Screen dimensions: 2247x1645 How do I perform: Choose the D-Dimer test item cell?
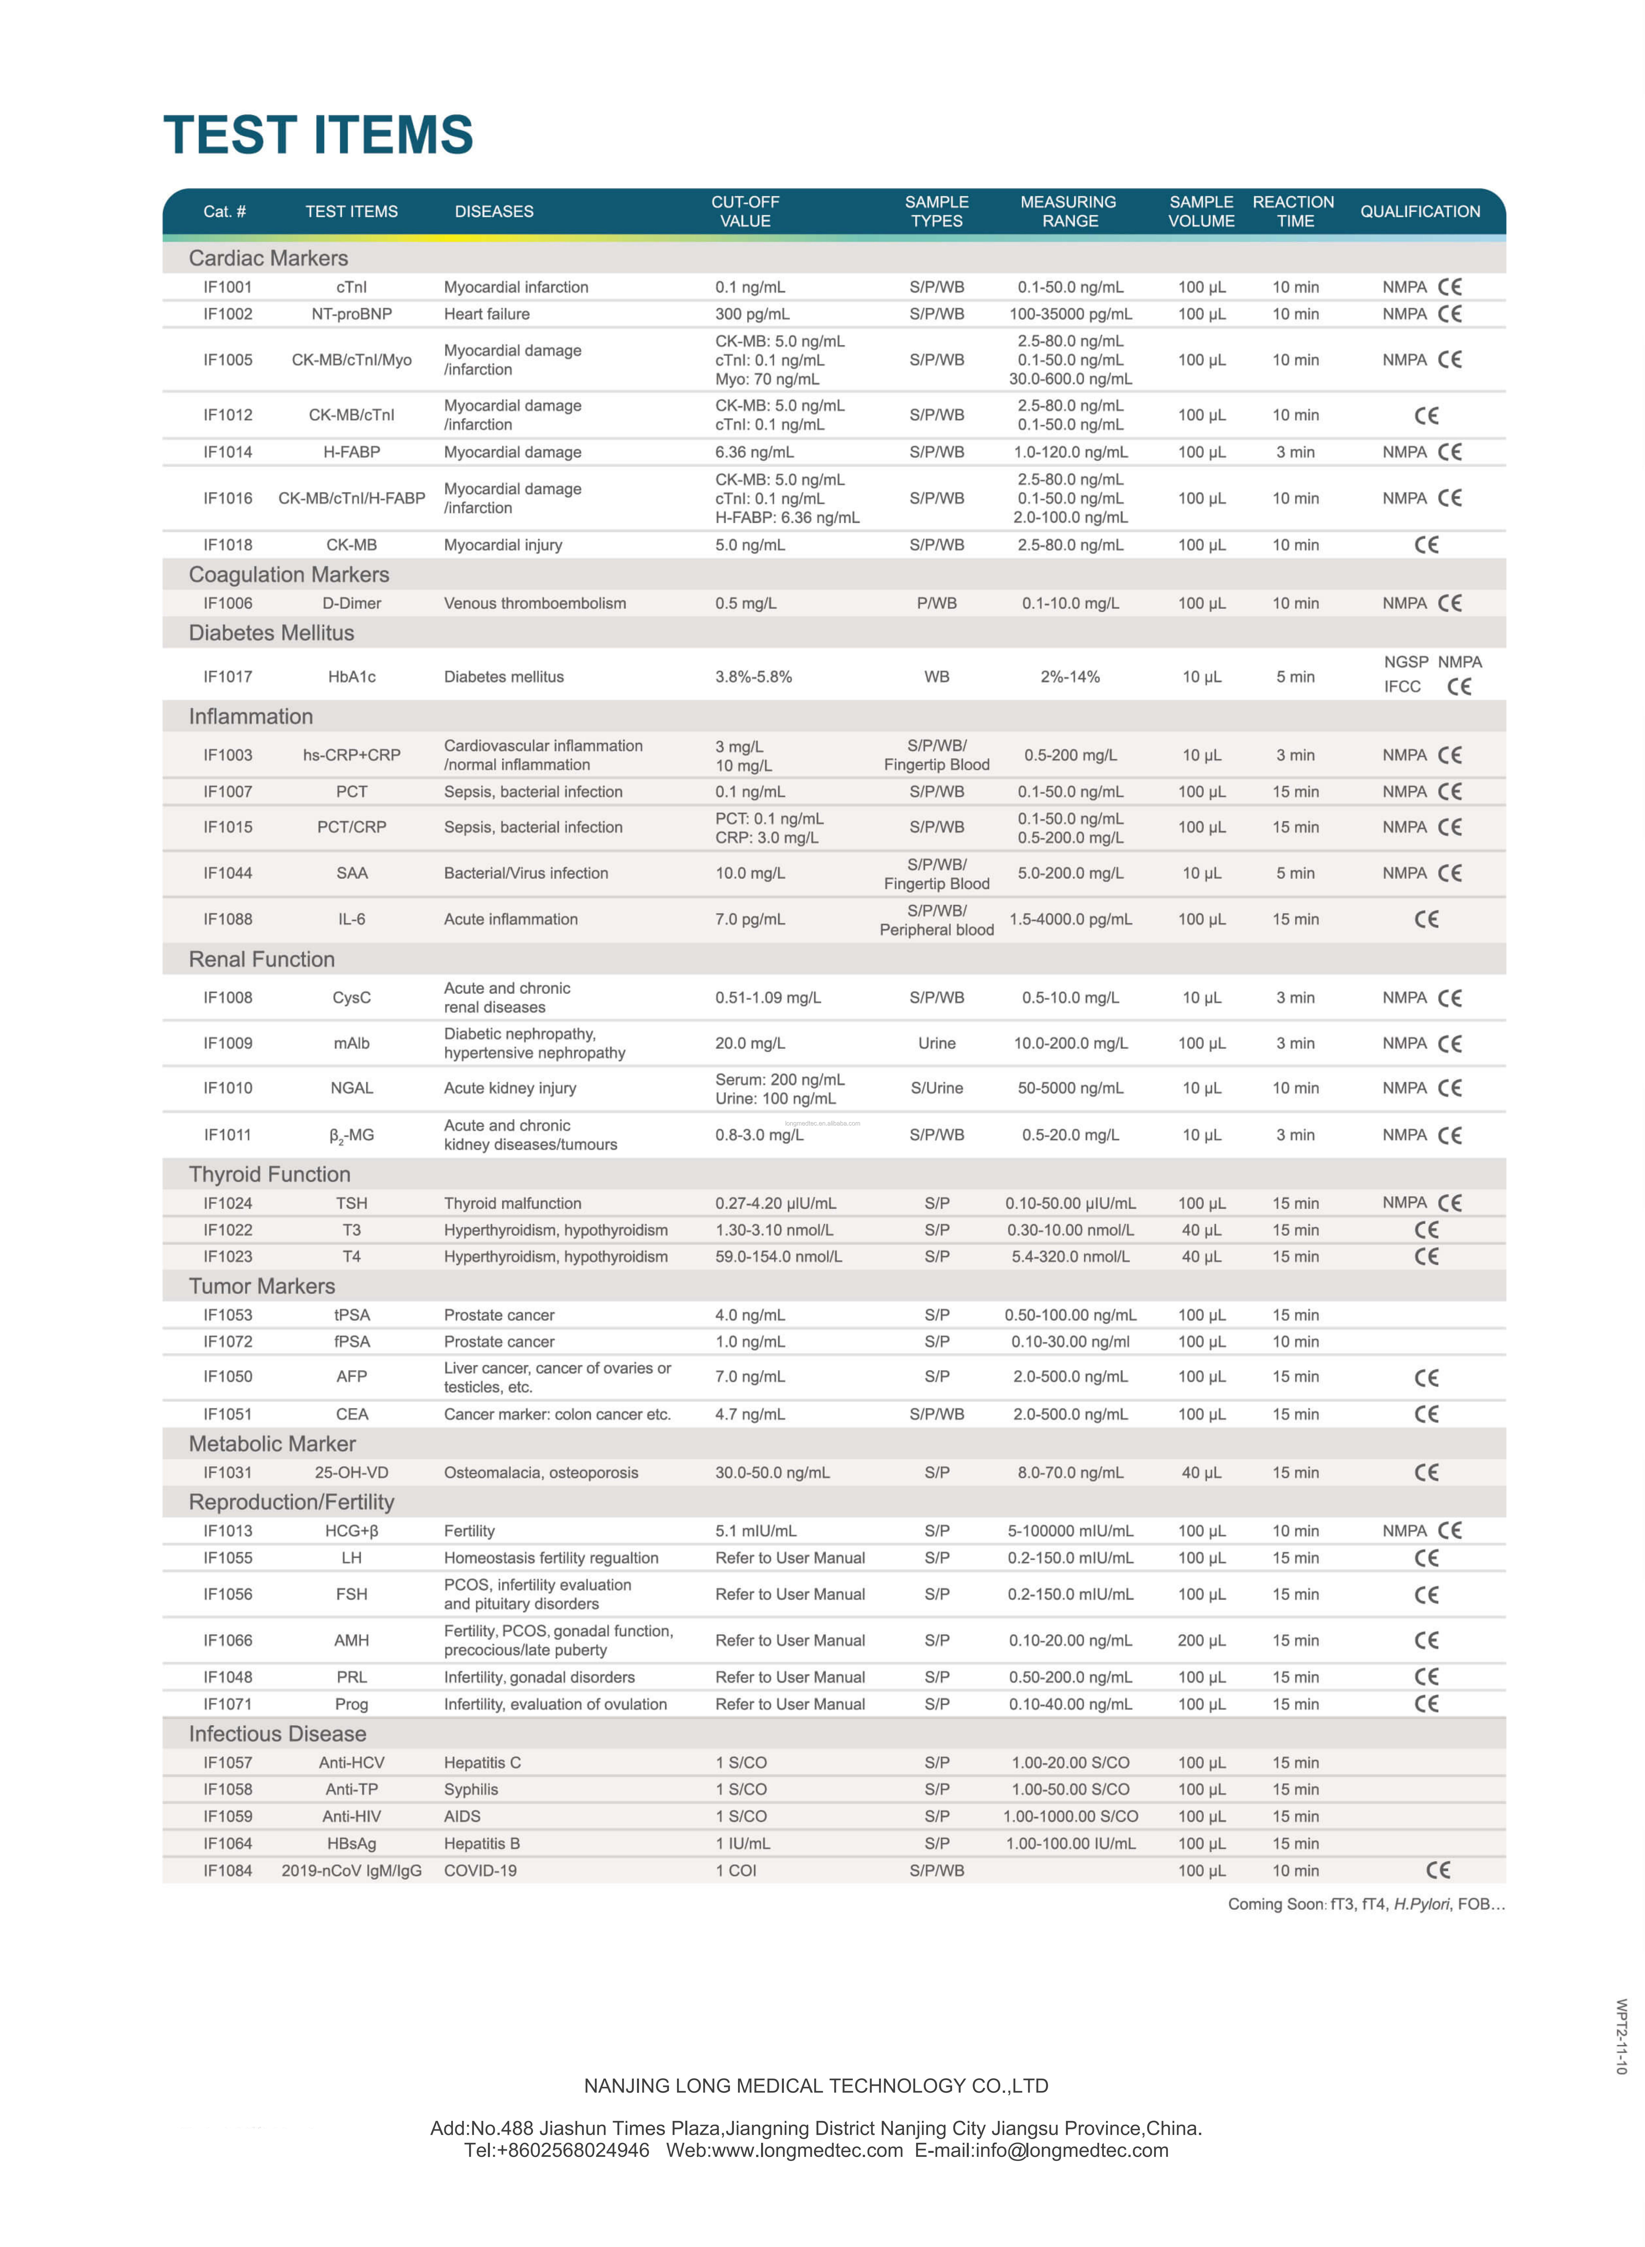[x=352, y=603]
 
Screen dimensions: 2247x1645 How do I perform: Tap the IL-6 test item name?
[x=352, y=919]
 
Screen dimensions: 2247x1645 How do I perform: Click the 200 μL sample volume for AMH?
[x=1201, y=1640]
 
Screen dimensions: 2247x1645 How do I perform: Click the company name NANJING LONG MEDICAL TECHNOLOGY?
[x=816, y=2086]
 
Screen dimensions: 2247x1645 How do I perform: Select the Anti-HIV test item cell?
[x=352, y=1816]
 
